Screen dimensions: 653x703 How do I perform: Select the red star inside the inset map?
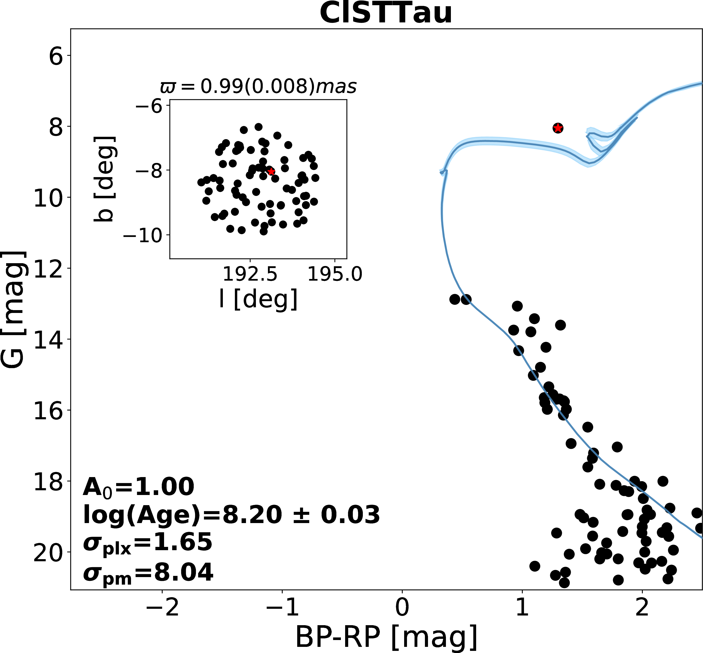[x=271, y=171]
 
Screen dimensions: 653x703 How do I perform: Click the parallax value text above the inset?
[x=258, y=87]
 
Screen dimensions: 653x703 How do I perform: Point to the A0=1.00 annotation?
[x=138, y=487]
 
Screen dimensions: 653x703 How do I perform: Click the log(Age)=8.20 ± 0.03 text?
[x=231, y=515]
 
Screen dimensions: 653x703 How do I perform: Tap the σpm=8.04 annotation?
[x=148, y=573]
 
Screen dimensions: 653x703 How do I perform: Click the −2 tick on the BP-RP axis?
[x=162, y=608]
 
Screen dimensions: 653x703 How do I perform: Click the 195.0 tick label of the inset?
[x=335, y=274]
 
